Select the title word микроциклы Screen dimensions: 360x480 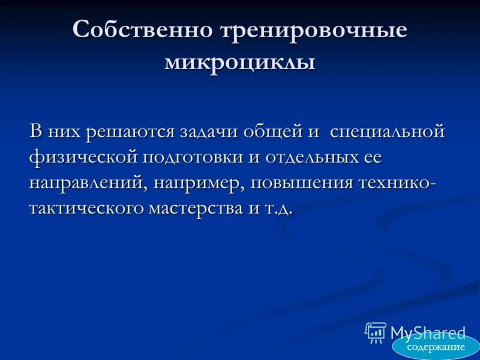[240, 62]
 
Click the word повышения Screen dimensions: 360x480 [305, 184]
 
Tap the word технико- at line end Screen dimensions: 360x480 [401, 184]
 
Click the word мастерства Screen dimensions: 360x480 [206, 209]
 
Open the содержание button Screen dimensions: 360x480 [436, 347]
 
